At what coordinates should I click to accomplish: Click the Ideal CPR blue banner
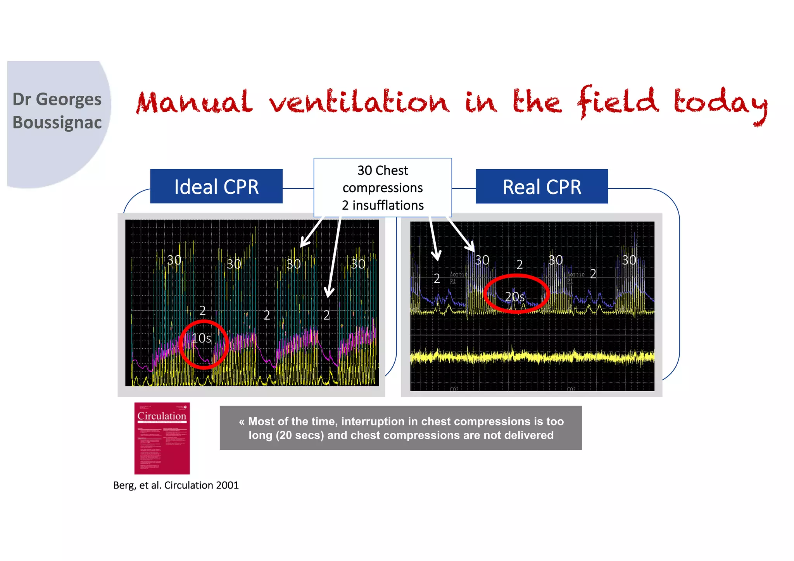tap(216, 187)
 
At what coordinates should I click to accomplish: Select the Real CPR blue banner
tap(542, 187)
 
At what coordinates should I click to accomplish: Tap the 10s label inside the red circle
tap(201, 338)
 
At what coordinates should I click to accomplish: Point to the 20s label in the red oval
tap(514, 297)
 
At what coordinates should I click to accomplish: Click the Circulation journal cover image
tap(162, 438)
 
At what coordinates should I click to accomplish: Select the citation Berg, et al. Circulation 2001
tap(176, 485)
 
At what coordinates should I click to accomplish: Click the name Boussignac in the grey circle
tap(57, 122)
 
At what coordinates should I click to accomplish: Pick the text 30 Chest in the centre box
tap(383, 170)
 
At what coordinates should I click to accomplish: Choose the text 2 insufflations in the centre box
tap(383, 205)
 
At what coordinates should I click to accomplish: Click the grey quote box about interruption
tap(400, 428)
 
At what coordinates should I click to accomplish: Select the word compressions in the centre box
tap(383, 188)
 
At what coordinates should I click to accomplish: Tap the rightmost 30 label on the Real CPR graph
tap(629, 260)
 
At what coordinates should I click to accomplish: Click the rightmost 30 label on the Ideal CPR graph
tap(358, 264)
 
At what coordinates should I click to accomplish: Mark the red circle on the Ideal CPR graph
tap(204, 344)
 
